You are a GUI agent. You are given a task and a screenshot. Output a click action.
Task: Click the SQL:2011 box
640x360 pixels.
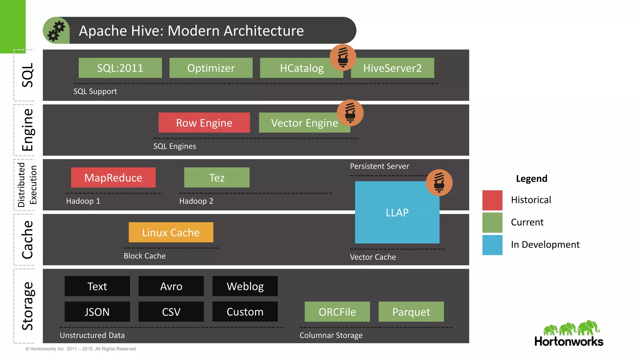point(120,68)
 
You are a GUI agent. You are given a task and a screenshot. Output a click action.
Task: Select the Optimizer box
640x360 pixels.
point(211,68)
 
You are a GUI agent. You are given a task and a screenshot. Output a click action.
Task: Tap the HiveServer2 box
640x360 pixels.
point(392,68)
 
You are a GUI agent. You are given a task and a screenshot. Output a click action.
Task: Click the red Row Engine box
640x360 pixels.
point(204,122)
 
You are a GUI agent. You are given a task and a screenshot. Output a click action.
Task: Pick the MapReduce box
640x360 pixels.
point(113,177)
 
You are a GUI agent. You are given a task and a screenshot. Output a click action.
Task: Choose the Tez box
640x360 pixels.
point(217,177)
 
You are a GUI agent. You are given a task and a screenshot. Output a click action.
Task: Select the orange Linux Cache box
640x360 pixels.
point(171,232)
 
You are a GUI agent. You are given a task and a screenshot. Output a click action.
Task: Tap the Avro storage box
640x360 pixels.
point(171,286)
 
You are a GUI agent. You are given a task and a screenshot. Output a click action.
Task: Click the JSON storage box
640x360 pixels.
point(97,312)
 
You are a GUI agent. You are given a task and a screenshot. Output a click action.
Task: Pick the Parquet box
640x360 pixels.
point(411,312)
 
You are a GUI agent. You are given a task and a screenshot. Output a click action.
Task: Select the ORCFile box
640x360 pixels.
point(337,312)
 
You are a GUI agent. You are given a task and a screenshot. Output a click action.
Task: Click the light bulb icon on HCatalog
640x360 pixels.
point(343,57)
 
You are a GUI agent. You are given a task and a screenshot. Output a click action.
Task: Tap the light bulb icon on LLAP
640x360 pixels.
point(439,182)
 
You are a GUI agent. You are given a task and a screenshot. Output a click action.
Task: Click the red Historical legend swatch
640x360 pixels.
point(492,200)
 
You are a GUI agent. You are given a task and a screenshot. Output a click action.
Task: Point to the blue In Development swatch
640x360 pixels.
point(492,245)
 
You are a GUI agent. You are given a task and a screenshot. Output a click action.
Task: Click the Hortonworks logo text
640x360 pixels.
point(569,341)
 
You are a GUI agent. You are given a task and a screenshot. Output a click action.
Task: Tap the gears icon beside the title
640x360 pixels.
point(56,31)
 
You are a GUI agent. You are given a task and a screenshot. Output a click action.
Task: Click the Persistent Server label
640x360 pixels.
point(379,166)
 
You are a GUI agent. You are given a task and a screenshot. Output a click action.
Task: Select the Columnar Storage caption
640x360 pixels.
point(331,335)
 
